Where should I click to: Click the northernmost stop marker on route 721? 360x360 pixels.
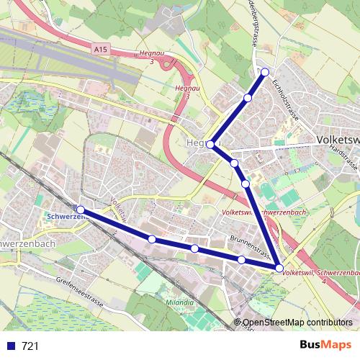[x=265, y=71]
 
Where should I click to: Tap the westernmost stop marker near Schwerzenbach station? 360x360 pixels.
[x=81, y=210]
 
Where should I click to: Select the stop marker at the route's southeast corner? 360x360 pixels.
[x=279, y=269]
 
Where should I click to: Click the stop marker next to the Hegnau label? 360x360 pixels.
[x=210, y=145]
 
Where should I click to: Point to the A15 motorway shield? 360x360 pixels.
[x=100, y=48]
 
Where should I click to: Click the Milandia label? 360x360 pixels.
[x=179, y=302]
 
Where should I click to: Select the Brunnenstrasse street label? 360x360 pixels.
[x=249, y=248]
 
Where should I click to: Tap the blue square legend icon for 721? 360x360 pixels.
[x=10, y=346]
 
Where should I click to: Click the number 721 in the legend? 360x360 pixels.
[x=30, y=346]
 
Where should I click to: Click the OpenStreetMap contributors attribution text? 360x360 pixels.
[x=297, y=323]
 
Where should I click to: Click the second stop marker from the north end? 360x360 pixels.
[x=248, y=98]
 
